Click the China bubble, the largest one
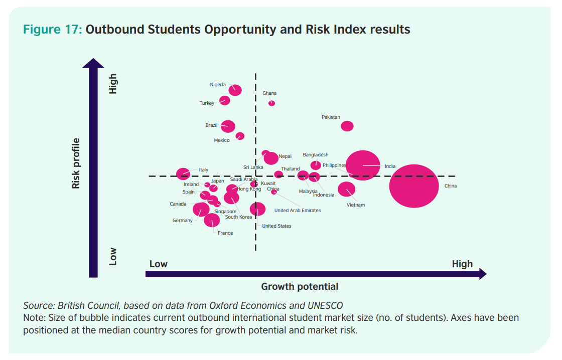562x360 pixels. coord(414,186)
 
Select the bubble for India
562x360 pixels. coord(363,165)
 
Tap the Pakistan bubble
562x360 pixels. coord(347,126)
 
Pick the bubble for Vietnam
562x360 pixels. coord(346,189)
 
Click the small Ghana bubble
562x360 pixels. coord(271,103)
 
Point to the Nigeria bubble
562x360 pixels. coord(235,90)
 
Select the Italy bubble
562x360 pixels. coord(183,174)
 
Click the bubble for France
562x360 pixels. coord(212,220)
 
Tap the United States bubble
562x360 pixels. coord(257,209)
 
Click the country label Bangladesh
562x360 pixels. coord(316,155)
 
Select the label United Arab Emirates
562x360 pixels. coord(298,211)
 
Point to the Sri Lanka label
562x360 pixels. coord(253,167)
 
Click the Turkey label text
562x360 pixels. coord(207,103)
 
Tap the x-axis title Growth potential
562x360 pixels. coord(300,287)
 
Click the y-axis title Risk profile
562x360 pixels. coord(76,163)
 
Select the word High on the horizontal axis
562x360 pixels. coord(462,264)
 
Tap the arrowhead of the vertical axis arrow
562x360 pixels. coord(93,63)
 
